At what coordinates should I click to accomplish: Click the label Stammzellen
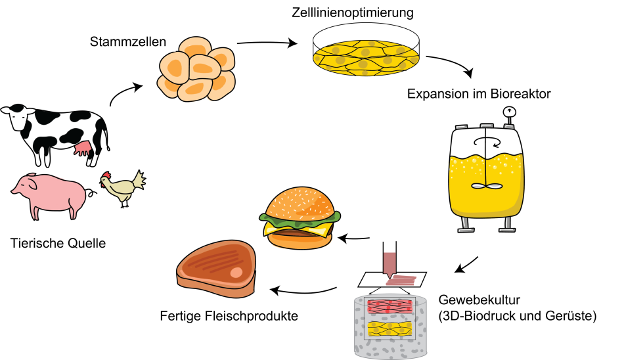point(127,42)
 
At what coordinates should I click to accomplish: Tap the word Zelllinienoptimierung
point(353,12)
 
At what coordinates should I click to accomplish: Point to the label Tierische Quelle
point(58,243)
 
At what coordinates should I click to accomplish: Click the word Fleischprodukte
point(252,316)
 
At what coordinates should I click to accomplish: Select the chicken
point(123,188)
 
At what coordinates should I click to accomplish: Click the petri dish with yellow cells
point(366,49)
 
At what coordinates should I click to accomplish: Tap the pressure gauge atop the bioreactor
point(509,114)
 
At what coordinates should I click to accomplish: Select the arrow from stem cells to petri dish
point(267,42)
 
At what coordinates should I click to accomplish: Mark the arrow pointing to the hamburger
point(354,239)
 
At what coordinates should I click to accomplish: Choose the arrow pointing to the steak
point(303,291)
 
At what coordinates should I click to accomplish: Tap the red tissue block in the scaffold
point(390,307)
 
